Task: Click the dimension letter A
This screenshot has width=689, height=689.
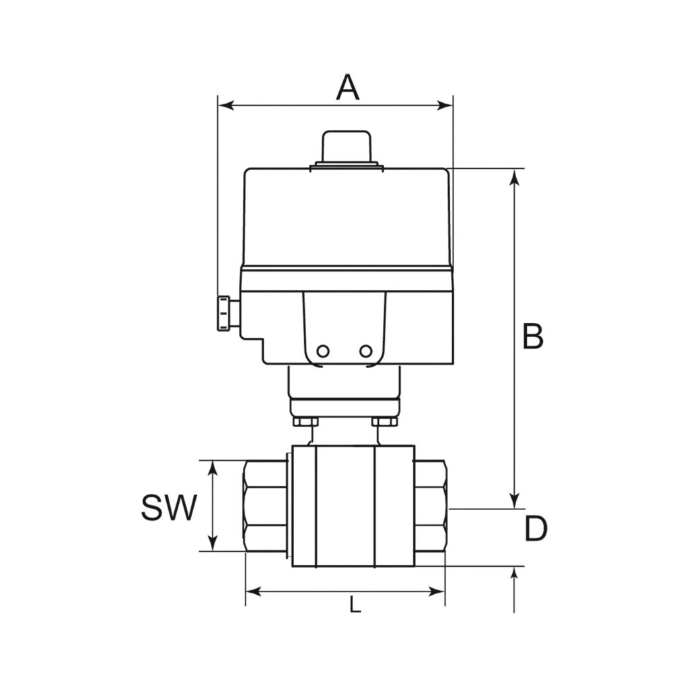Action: click(348, 87)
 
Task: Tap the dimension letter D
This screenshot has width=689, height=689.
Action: click(536, 530)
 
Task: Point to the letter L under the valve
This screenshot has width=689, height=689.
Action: click(355, 606)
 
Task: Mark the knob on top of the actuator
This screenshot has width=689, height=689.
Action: click(347, 146)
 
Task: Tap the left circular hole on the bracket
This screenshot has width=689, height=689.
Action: click(324, 351)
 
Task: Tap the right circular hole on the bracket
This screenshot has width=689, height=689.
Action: click(365, 351)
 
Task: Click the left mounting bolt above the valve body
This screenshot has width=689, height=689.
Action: click(305, 422)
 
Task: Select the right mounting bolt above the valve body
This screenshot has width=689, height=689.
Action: click(385, 422)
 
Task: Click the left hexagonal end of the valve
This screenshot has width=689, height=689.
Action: click(264, 506)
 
